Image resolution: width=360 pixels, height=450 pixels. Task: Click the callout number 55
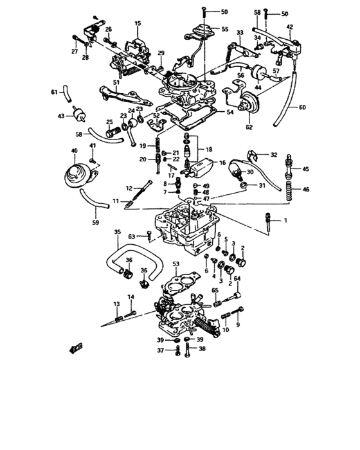224,29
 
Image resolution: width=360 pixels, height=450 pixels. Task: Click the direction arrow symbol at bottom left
76,349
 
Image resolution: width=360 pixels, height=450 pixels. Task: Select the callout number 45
305,169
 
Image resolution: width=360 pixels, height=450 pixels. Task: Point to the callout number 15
136,23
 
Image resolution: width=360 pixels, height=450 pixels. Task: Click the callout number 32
273,155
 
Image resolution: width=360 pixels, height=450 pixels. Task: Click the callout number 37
161,350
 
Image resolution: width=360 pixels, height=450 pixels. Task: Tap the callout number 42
290,26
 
